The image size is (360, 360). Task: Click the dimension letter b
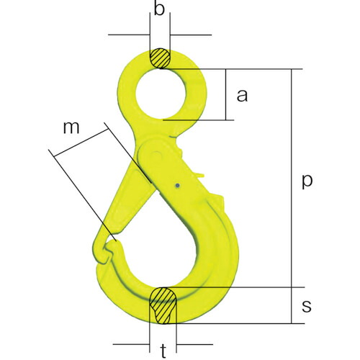(159, 9)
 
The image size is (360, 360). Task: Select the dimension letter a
(242, 95)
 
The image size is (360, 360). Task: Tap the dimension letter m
(71, 127)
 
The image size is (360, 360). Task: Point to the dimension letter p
(307, 181)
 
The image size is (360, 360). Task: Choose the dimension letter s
(307, 306)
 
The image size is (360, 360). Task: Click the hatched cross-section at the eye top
(160, 58)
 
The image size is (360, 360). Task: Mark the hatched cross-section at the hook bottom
(163, 305)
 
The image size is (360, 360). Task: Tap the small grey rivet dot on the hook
(177, 185)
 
